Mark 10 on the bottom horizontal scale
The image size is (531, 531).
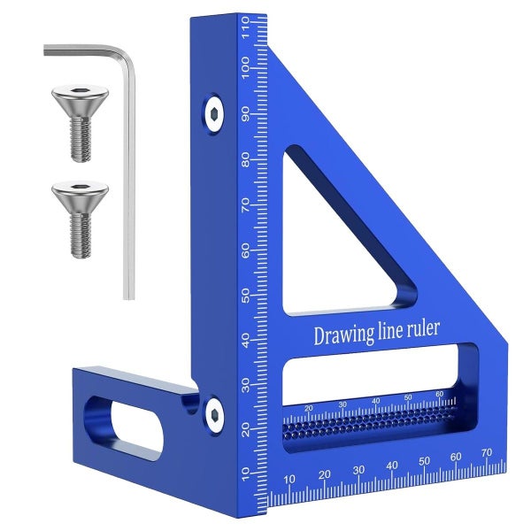click(x=289, y=479)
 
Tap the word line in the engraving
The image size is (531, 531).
click(x=396, y=332)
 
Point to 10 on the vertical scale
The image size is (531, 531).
click(x=244, y=473)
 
